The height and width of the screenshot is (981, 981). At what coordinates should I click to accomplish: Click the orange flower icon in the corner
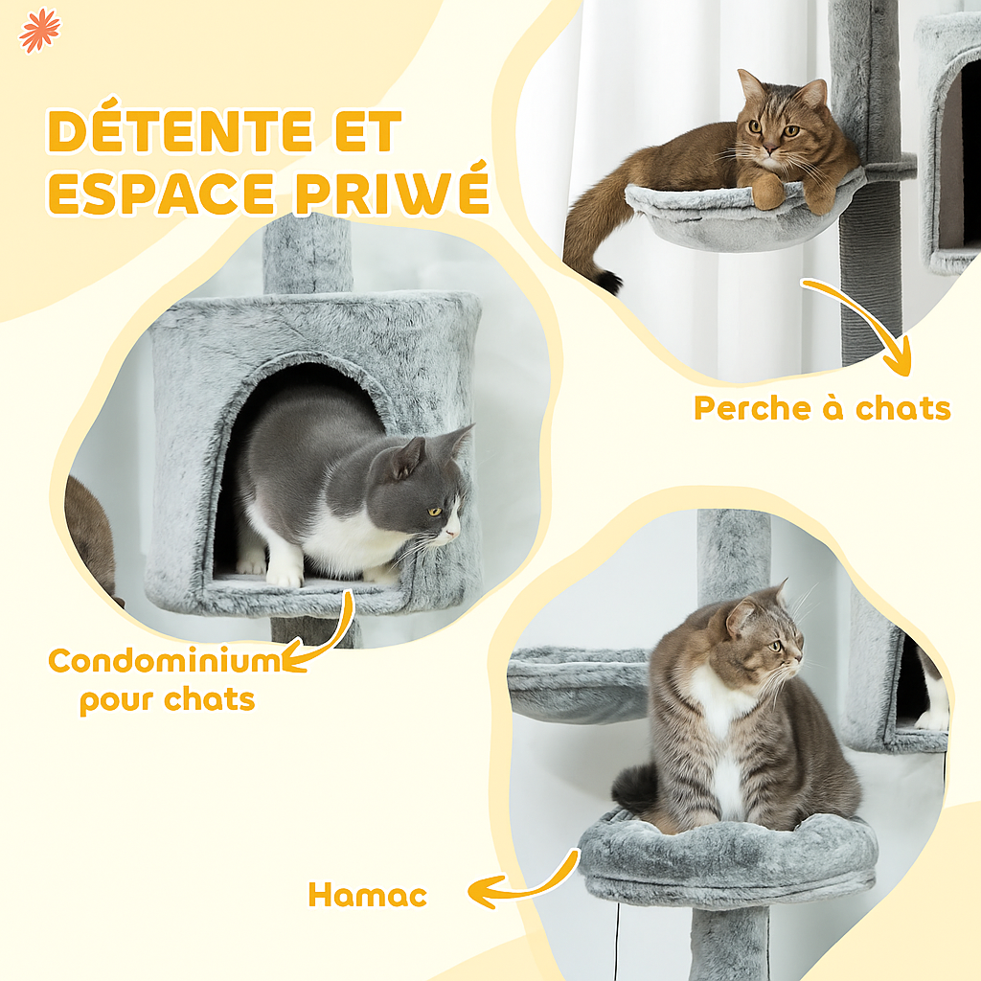coord(39,30)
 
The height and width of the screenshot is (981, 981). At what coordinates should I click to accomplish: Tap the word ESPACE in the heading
coord(163,193)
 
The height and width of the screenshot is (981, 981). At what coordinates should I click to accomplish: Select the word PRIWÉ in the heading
coord(392,193)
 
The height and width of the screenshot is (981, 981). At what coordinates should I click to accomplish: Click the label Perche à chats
coord(822,408)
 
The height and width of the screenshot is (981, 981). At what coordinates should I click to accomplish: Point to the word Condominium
coord(164,661)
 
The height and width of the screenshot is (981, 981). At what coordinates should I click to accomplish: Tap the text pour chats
coord(167,699)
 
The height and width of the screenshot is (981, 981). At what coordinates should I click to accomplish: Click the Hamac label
coord(367,896)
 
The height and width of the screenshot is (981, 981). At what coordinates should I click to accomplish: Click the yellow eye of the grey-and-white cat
coord(434,513)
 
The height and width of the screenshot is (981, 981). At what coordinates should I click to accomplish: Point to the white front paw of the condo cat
coord(285,573)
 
